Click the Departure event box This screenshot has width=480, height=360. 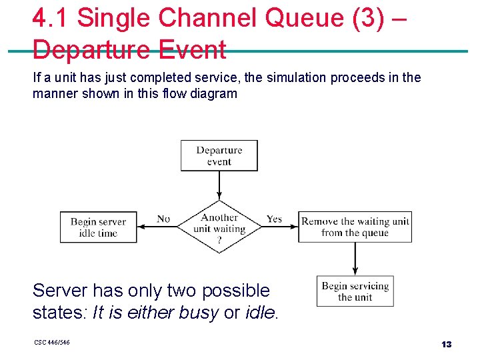pos(219,155)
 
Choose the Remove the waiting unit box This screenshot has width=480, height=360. pos(355,227)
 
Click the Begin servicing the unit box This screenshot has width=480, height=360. pos(355,291)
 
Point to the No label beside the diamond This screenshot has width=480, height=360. pos(163,219)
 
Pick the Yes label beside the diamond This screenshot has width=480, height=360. pos(274,219)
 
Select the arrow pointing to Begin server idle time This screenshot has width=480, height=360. pos(153,227)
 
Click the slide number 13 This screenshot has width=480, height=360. pos(446,344)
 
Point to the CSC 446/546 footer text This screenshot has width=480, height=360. pos(51,343)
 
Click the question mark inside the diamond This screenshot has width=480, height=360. pos(219,241)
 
